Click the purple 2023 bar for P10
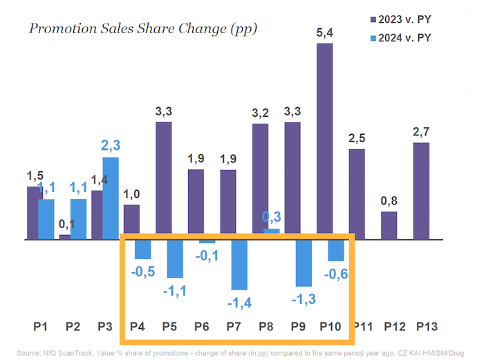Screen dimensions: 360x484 pyautogui.click(x=326, y=142)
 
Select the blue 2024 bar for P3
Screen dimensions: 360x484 pyautogui.click(x=110, y=198)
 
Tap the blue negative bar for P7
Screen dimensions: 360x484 pyautogui.click(x=239, y=265)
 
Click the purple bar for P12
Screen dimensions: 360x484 pyautogui.click(x=389, y=225)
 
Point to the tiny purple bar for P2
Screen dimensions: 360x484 pyautogui.click(x=65, y=237)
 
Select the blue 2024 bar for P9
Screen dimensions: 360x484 pyautogui.click(x=304, y=263)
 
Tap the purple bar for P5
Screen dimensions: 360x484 pyautogui.click(x=163, y=180)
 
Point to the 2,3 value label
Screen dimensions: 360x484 pyautogui.click(x=110, y=147)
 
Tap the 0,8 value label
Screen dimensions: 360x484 pyautogui.click(x=390, y=201)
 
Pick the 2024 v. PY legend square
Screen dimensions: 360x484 pyautogui.click(x=374, y=38)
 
